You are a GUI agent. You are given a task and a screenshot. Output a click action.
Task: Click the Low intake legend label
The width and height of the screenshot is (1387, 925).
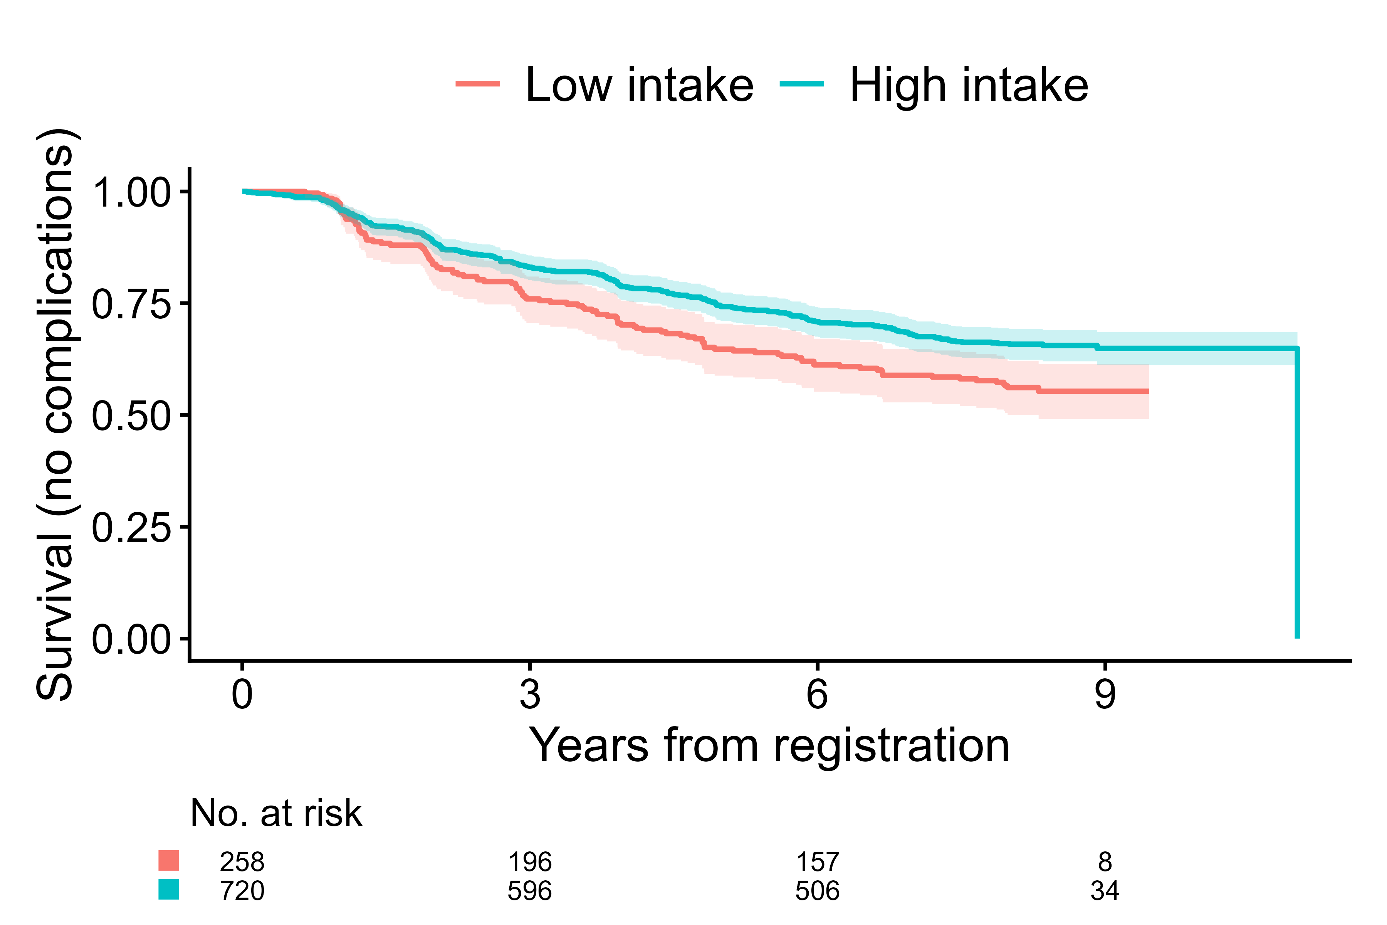(x=639, y=86)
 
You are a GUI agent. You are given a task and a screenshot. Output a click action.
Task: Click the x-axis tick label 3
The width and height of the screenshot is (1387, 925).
(x=529, y=695)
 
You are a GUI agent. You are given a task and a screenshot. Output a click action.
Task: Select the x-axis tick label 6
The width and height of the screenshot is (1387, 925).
(x=817, y=695)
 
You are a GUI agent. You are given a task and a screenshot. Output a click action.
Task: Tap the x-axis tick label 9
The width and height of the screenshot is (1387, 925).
(x=1105, y=695)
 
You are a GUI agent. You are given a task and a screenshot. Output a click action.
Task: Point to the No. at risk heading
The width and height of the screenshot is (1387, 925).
(x=276, y=814)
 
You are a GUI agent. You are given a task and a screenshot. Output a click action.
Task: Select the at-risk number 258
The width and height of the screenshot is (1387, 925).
(x=242, y=863)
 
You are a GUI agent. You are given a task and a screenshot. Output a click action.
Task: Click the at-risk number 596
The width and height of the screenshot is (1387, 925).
(x=529, y=891)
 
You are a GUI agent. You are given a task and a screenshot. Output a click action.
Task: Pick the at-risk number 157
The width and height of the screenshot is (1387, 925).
(x=817, y=863)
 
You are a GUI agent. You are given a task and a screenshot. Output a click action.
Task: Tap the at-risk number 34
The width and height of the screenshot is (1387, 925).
(x=1105, y=891)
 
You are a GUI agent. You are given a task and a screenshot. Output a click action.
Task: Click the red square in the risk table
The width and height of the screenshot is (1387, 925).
(x=169, y=861)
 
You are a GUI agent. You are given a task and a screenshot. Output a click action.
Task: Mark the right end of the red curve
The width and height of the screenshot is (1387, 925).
(x=1147, y=391)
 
